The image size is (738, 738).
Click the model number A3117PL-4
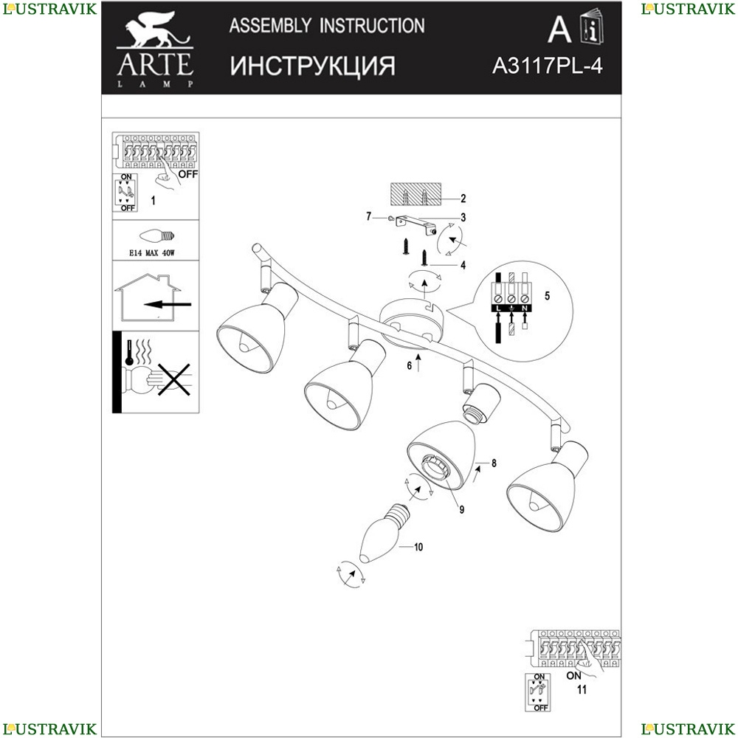pos(547,66)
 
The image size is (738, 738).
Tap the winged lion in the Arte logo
pos(155,30)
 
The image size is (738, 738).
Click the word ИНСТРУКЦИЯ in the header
pos(312,66)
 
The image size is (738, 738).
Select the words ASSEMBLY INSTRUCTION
pos(327,25)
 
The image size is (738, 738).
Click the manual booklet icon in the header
pos(592,27)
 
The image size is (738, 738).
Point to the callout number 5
pos(547,296)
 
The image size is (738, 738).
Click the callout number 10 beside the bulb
pos(418,547)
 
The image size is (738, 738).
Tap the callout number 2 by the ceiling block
pos(463,199)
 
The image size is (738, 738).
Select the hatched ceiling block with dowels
pos(415,194)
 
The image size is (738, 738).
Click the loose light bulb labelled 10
pos(382,534)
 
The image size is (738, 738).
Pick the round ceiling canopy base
pos(411,324)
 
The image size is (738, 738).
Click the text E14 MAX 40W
pos(151,252)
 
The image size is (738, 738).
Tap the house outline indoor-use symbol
pos(148,297)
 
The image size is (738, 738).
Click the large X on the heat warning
pos(173,379)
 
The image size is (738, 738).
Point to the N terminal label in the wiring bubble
pos(525,308)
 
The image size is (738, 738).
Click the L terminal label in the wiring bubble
pos(498,308)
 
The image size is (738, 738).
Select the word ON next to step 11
pos(573,675)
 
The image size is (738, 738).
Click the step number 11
pos(582,689)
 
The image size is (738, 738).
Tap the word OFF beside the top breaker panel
pos(188,174)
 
